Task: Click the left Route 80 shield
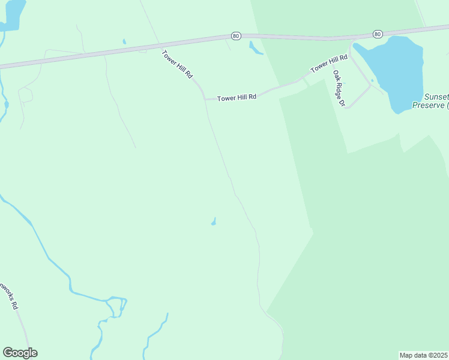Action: click(x=236, y=36)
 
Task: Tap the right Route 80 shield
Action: click(x=377, y=34)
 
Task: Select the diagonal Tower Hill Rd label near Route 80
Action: click(x=178, y=65)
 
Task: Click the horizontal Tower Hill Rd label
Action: click(x=237, y=97)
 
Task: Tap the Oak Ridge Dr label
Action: click(x=340, y=88)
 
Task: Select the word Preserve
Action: click(x=428, y=105)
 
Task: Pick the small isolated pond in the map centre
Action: click(x=214, y=223)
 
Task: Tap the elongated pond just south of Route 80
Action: click(x=256, y=48)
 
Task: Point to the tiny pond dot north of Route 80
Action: click(x=124, y=41)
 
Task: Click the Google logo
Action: click(x=20, y=353)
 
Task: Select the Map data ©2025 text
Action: click(x=423, y=355)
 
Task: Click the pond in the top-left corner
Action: click(x=12, y=15)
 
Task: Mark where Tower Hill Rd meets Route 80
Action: click(x=160, y=44)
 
